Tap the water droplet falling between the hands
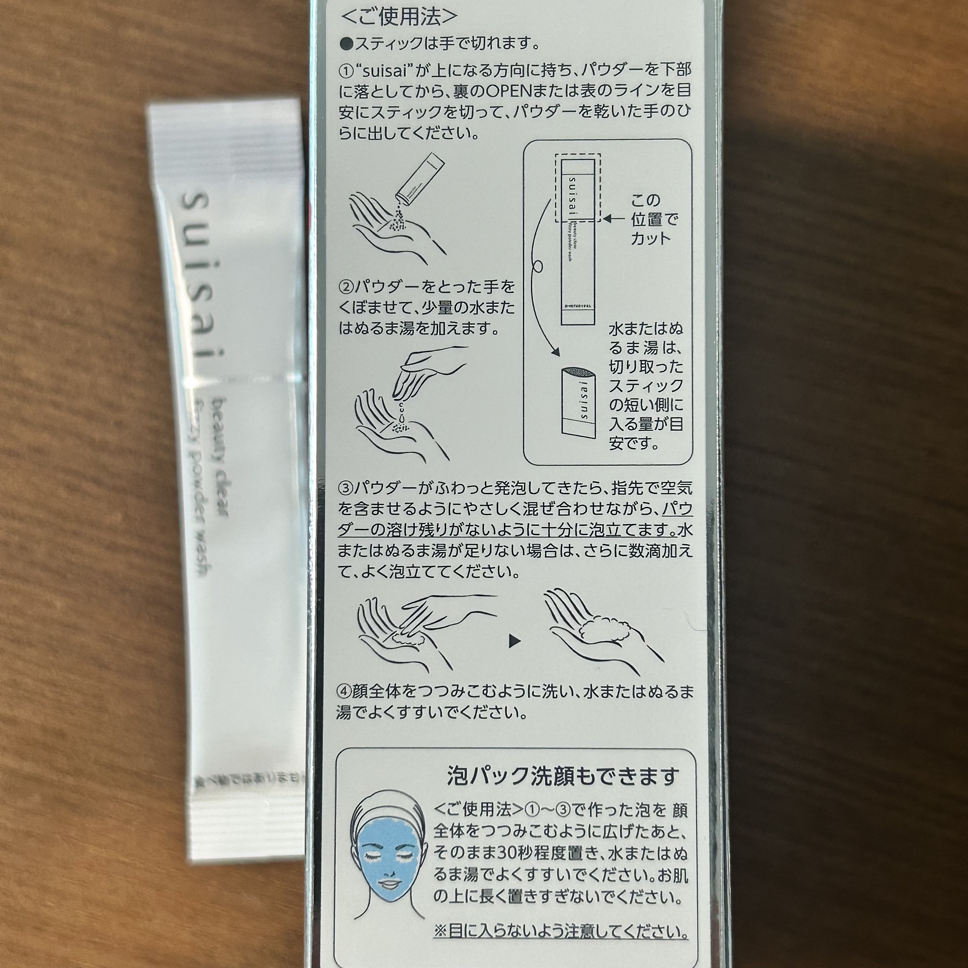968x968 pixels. [402, 414]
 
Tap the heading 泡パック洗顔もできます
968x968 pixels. [563, 776]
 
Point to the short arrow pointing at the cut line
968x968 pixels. [614, 219]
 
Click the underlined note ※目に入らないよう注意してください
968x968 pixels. [561, 932]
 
